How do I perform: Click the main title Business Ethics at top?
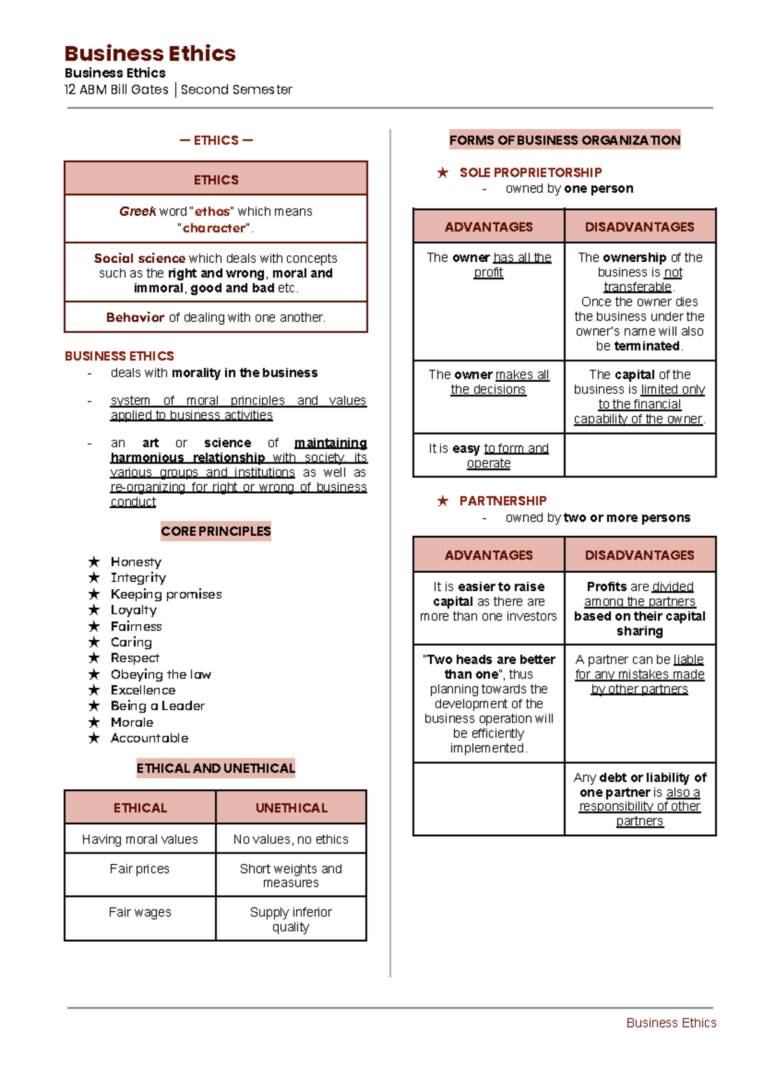pyautogui.click(x=150, y=53)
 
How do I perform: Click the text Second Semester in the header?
pyautogui.click(x=236, y=90)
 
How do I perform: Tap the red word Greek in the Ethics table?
pyautogui.click(x=138, y=211)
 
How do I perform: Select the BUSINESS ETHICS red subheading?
pyautogui.click(x=119, y=356)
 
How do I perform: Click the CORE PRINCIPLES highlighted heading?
pyautogui.click(x=216, y=531)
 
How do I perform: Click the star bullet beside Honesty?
pyautogui.click(x=94, y=561)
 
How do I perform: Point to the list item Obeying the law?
pyautogui.click(x=160, y=674)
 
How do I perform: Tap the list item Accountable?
pyautogui.click(x=150, y=738)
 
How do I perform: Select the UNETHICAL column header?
pyautogui.click(x=291, y=808)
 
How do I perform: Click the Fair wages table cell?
pyautogui.click(x=140, y=912)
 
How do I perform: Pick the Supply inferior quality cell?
pyautogui.click(x=291, y=919)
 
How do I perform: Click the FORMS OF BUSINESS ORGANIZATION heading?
pyautogui.click(x=565, y=140)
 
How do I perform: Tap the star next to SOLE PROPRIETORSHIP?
pyautogui.click(x=443, y=172)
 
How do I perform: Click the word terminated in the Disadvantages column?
pyautogui.click(x=647, y=346)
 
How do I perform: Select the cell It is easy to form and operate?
pyautogui.click(x=488, y=456)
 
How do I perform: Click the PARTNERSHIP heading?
pyautogui.click(x=503, y=501)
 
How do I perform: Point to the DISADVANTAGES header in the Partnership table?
pyautogui.click(x=639, y=555)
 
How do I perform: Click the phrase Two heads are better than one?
pyautogui.click(x=489, y=666)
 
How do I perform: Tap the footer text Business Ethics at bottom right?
pyautogui.click(x=671, y=1023)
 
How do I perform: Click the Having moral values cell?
pyautogui.click(x=140, y=839)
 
